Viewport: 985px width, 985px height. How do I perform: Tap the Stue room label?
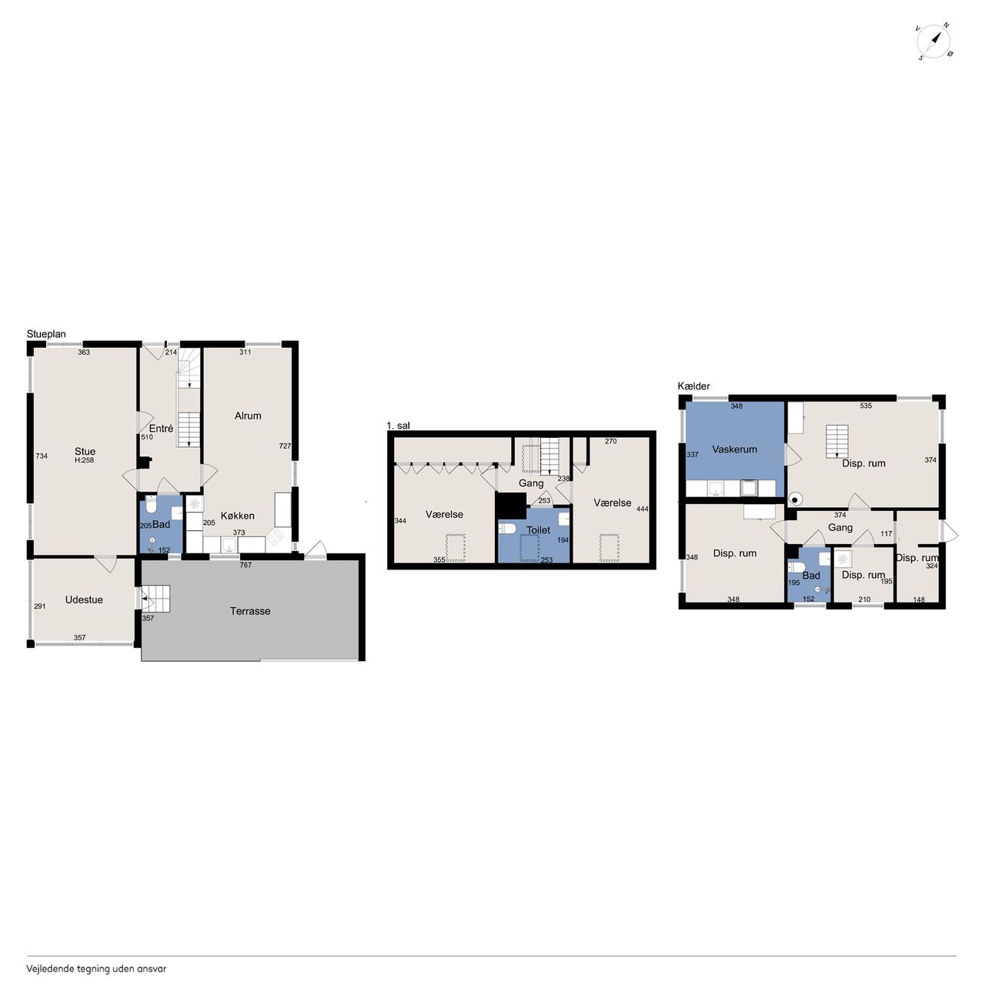[85, 452]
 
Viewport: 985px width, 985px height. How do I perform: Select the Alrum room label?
[248, 416]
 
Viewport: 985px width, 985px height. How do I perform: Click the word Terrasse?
[250, 611]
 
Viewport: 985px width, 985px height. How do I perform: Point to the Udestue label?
[85, 599]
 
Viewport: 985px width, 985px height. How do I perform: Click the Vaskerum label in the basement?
[735, 449]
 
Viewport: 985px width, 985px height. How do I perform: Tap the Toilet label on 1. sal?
[538, 530]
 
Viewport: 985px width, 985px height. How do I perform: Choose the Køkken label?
[237, 516]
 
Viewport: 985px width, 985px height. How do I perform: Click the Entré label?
[161, 429]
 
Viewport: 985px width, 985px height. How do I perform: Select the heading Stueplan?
[46, 334]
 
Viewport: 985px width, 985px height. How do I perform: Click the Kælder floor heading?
[693, 386]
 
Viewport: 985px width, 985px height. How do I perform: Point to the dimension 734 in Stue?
[42, 456]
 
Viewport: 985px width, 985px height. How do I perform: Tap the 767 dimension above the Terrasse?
[245, 565]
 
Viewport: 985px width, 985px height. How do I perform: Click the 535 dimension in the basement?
[866, 406]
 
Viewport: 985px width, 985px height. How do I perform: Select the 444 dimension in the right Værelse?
[643, 509]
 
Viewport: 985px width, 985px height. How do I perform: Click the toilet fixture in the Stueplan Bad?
[151, 506]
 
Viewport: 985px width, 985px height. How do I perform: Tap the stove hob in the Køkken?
[275, 536]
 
